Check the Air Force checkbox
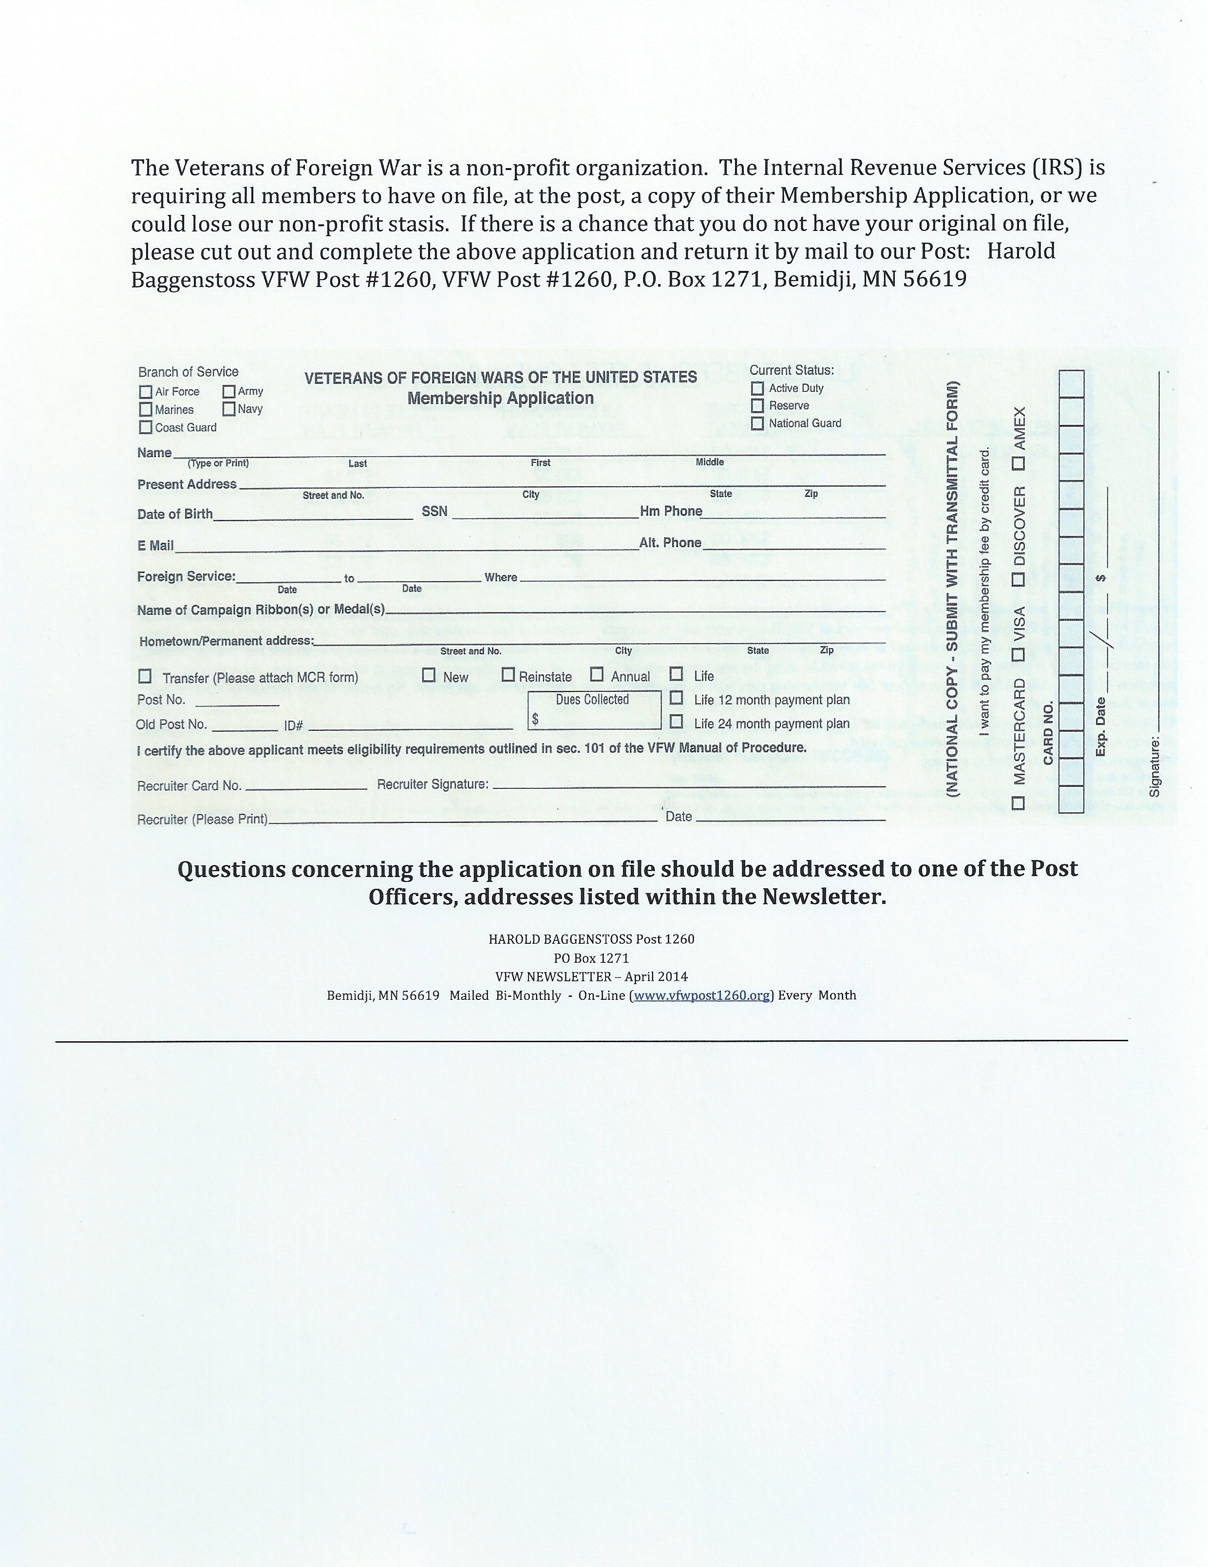pyautogui.click(x=146, y=392)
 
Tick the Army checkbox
pyautogui.click(x=229, y=391)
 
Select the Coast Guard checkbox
pyautogui.click(x=146, y=428)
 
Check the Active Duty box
pyautogui.click(x=757, y=388)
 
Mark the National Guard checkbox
pyautogui.click(x=757, y=423)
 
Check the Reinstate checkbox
pyautogui.click(x=509, y=674)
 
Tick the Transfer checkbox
pyautogui.click(x=145, y=676)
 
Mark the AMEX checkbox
pyautogui.click(x=1019, y=463)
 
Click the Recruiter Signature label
pyautogui.click(x=433, y=784)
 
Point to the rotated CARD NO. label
pyautogui.click(x=1048, y=732)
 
